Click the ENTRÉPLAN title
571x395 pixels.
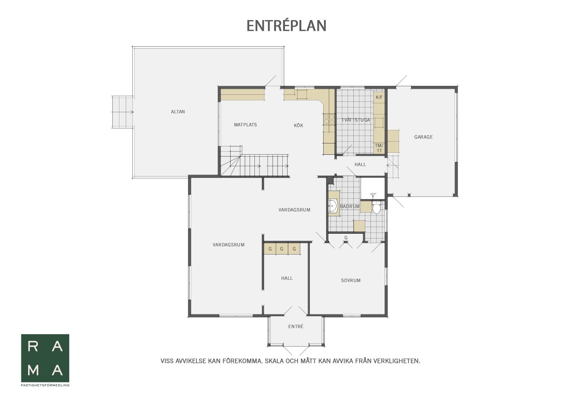[286, 26]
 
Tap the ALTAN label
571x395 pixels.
[178, 111]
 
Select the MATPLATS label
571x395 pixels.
[246, 124]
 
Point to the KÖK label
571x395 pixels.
[298, 125]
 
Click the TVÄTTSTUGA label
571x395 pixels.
[356, 120]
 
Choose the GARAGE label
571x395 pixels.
[423, 137]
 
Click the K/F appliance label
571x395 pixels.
[379, 97]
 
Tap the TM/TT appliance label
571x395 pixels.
[379, 148]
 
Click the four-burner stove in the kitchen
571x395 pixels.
[329, 119]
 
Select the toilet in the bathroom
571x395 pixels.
[376, 207]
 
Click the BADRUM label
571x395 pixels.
[350, 207]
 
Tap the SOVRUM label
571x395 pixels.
[351, 281]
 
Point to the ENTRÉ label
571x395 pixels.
[296, 326]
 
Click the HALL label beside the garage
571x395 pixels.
[360, 165]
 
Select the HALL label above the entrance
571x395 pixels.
[287, 278]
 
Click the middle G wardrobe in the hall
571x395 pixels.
[282, 249]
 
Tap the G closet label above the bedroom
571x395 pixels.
[346, 237]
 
